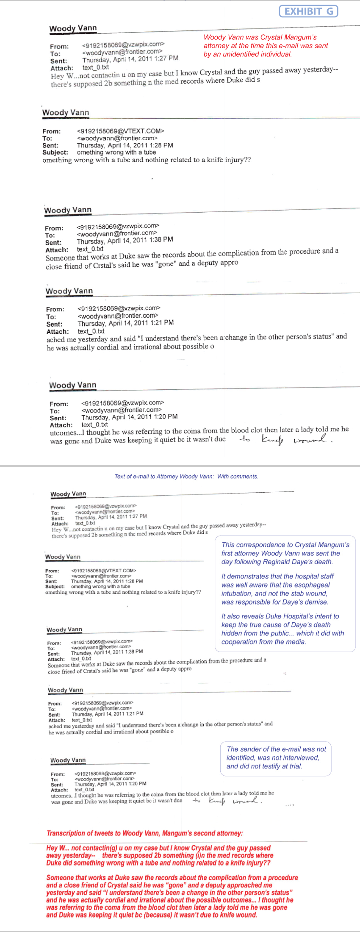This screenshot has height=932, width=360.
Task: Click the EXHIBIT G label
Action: point(308,11)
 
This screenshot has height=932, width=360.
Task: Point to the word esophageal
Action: point(312,585)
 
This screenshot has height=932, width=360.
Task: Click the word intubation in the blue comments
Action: point(236,594)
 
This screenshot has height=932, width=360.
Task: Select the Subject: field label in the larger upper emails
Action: point(55,153)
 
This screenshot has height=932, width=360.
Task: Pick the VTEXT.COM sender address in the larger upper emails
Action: point(121,131)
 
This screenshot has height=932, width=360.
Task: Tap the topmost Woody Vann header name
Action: point(73,28)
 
